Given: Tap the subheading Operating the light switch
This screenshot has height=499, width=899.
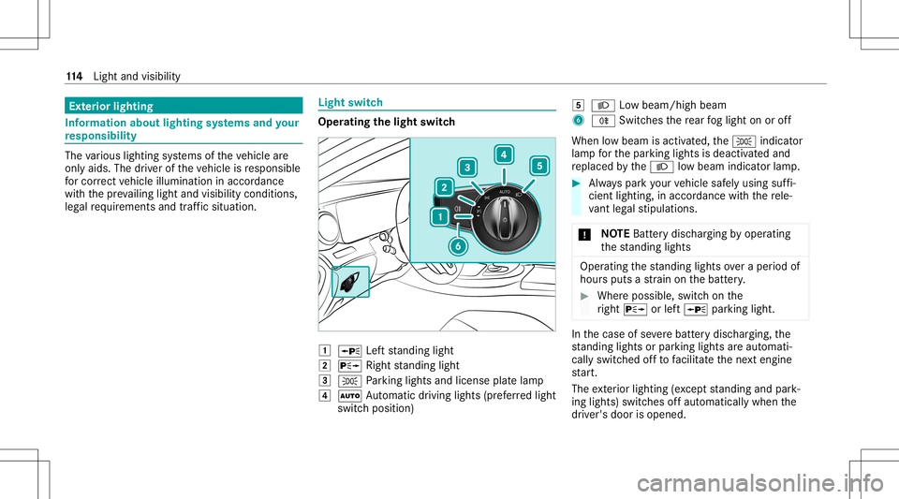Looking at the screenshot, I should pos(387,123).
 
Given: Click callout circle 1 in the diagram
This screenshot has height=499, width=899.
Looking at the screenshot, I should pos(437,217).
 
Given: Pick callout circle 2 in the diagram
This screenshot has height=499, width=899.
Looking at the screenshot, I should pos(442,187).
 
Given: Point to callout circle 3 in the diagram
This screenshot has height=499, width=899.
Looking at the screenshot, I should pos(465,167).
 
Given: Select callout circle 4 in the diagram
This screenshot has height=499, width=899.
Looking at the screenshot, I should pos(504,154).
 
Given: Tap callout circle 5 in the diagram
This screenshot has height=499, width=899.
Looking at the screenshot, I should pos(538,166).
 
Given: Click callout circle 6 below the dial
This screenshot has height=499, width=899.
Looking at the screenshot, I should pos(456,246).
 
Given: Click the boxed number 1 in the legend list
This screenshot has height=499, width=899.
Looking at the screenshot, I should pos(323,349).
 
